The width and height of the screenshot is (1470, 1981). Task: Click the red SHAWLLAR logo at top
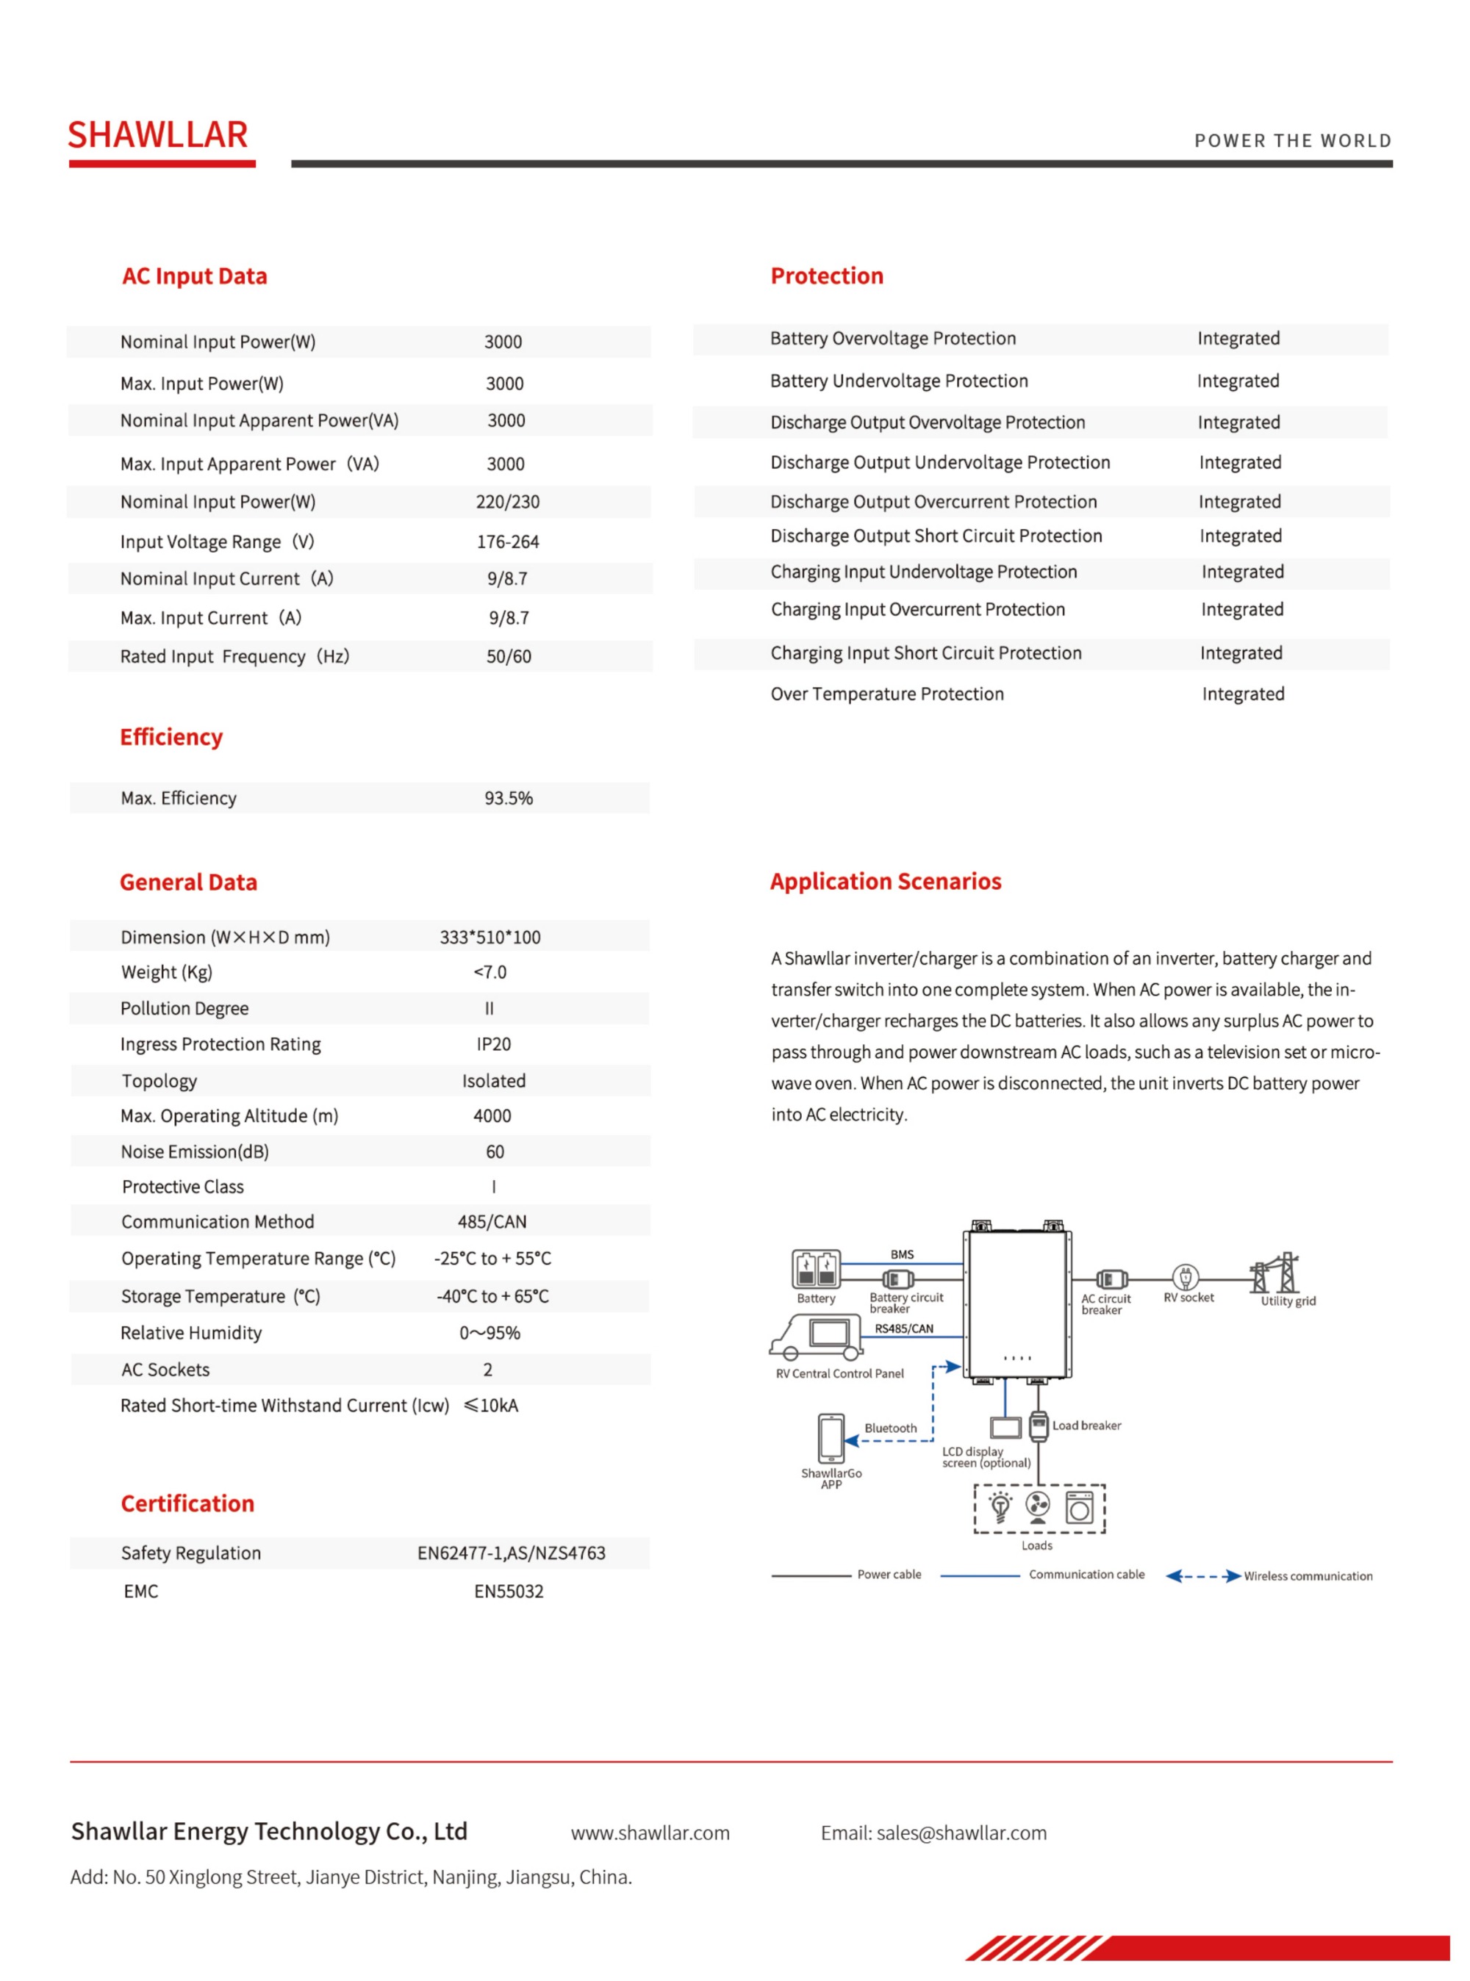[157, 135]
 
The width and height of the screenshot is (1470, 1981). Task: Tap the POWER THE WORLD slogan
[1292, 140]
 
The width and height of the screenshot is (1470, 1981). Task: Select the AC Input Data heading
[194, 276]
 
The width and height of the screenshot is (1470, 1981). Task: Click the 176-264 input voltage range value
[507, 542]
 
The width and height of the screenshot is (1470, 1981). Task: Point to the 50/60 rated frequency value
[508, 656]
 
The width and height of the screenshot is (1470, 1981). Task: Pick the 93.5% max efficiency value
[508, 798]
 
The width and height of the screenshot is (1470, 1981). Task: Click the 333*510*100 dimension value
[490, 937]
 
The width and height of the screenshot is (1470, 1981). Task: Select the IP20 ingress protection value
[493, 1043]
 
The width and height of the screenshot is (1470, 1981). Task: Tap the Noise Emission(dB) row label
[195, 1151]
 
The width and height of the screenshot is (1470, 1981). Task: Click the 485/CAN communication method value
[491, 1221]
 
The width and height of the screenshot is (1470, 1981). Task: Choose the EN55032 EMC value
[508, 1592]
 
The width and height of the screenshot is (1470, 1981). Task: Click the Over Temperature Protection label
[886, 694]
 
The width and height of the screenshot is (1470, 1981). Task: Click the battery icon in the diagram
[815, 1268]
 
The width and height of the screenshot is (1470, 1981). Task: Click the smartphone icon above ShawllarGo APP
[831, 1437]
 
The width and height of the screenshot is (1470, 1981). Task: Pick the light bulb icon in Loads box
[1000, 1507]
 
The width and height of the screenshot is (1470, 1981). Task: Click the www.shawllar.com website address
[650, 1833]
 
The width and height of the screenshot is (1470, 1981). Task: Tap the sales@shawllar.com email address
[961, 1833]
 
